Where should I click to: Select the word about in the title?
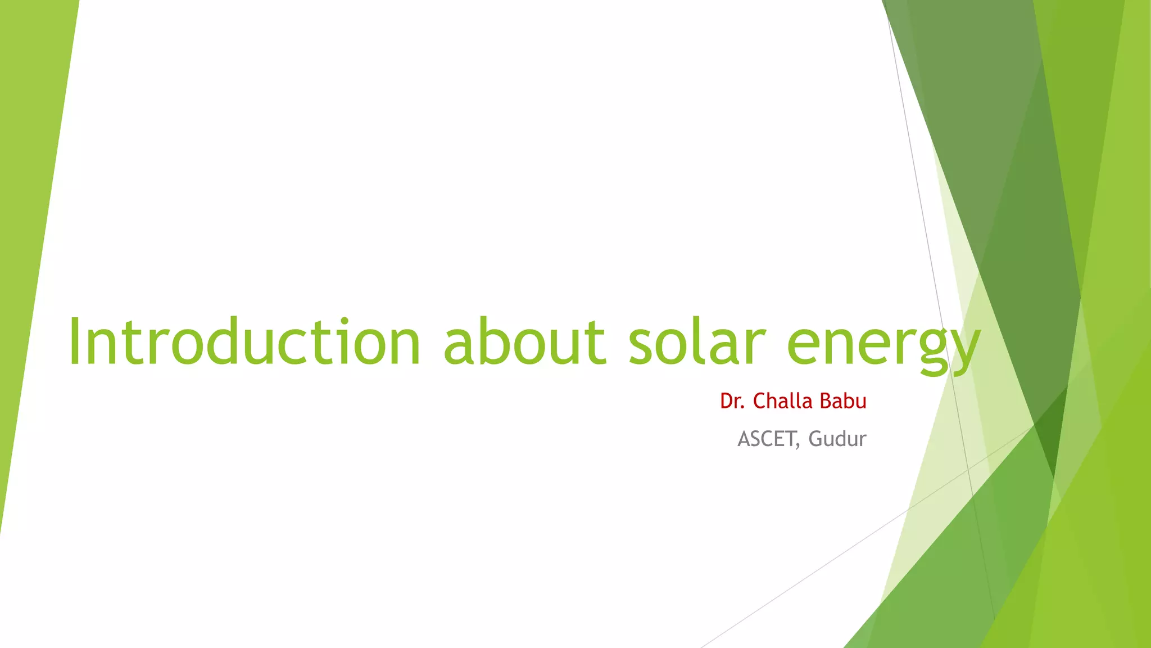tap(524, 341)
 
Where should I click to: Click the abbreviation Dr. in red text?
tap(732, 401)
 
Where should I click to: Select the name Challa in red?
tap(783, 401)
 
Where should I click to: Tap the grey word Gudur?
tap(837, 439)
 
